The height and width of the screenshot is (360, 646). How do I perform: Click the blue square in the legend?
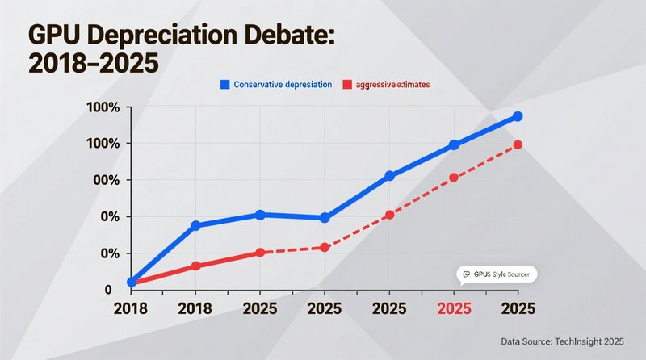pos(225,84)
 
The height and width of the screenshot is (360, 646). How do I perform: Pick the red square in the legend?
pos(348,84)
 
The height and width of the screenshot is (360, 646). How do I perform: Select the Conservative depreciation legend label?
pos(283,84)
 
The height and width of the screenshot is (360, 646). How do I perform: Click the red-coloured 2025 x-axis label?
pos(454,308)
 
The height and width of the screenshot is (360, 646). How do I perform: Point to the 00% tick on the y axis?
pos(104,180)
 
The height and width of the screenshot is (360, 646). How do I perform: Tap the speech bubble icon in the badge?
pos(465,274)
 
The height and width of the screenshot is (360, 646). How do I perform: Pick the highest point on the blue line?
pos(518,117)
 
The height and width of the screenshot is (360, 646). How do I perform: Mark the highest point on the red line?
pos(518,144)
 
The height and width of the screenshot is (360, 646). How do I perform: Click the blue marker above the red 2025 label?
pos(454,144)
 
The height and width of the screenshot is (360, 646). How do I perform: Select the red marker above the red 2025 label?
pos(454,177)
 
